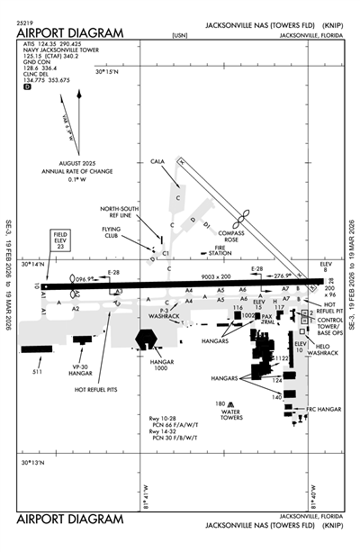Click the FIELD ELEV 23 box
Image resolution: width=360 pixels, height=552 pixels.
(x=59, y=239)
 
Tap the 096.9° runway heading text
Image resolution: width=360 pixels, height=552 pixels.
(x=85, y=278)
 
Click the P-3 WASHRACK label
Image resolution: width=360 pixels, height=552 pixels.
(x=166, y=314)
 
